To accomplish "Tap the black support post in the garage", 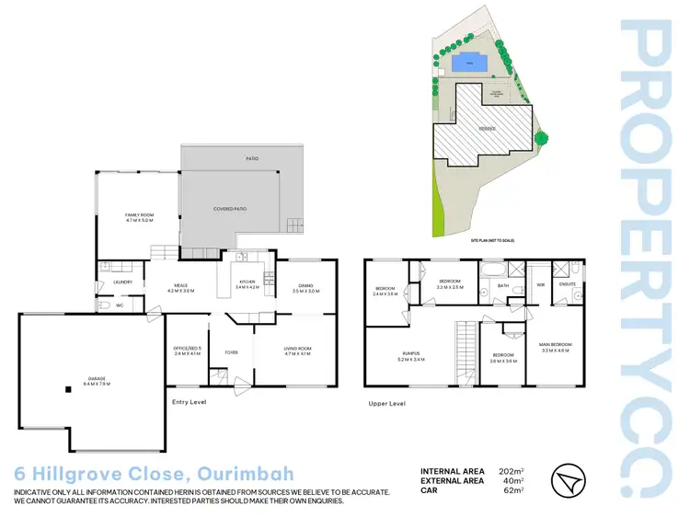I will [67, 390].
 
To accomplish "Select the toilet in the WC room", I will [105, 305].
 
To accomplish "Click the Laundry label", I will [123, 282].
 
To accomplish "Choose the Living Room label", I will [296, 350].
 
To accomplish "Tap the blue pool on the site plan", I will [470, 64].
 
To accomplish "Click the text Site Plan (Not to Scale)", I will [491, 239].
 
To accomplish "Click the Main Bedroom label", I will [556, 346].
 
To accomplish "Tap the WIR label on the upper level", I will [541, 285].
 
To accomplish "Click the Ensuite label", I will [568, 284].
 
